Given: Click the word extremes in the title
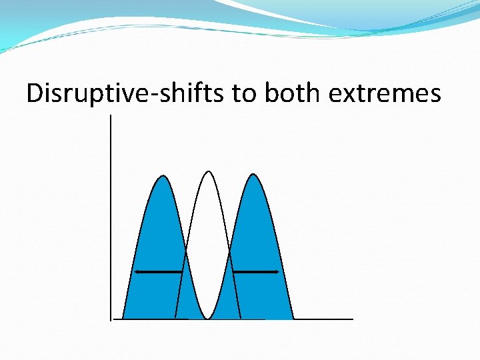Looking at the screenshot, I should click(x=385, y=94).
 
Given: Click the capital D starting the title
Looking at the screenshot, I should click(x=35, y=94).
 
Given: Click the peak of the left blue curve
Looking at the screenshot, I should click(x=163, y=176).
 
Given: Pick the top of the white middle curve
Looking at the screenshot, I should click(x=209, y=172).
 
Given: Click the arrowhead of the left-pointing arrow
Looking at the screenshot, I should click(x=137, y=272).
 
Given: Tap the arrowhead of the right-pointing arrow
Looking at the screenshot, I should click(x=275, y=272).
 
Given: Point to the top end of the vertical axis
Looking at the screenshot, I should click(x=111, y=116).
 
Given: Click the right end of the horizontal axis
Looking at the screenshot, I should click(x=352, y=319).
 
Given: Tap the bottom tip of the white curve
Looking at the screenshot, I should click(x=208, y=318).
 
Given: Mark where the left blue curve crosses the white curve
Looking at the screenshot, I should click(x=186, y=252).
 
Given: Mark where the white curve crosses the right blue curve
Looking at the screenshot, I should click(x=230, y=252).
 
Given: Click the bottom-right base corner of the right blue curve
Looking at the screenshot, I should click(x=293, y=319).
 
